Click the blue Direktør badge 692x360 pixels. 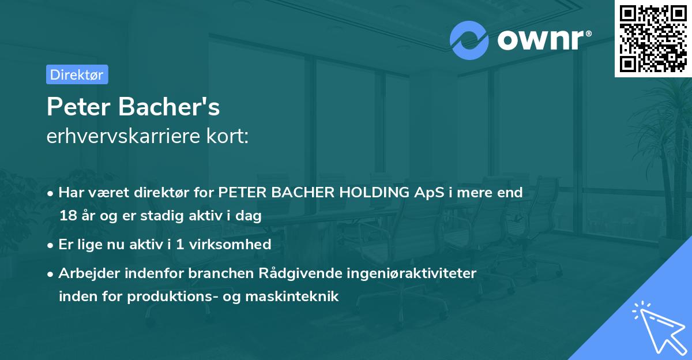77,74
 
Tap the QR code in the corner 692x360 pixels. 653,39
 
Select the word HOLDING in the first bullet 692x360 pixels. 368,193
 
